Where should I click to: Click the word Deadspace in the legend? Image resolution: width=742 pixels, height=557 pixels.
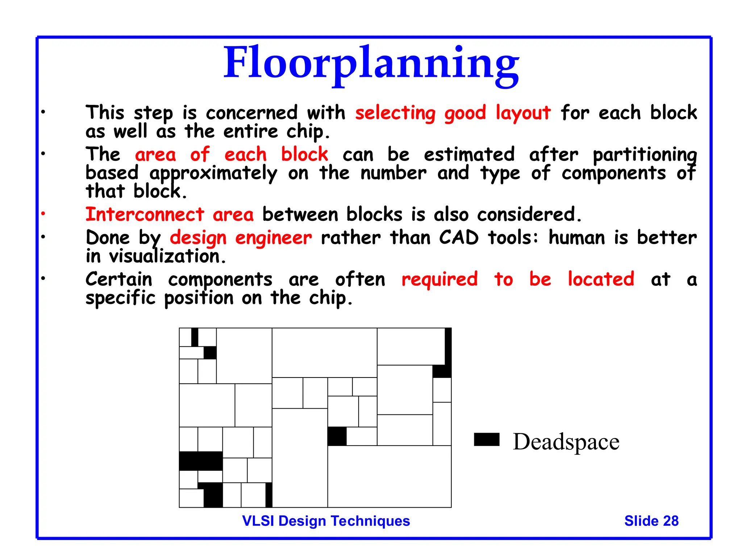point(566,442)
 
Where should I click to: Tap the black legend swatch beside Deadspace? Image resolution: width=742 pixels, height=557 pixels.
point(487,439)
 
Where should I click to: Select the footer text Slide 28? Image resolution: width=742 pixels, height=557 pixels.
point(651,521)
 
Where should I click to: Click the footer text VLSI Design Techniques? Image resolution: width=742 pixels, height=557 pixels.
point(326,521)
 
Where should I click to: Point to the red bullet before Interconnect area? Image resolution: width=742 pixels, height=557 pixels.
point(43,214)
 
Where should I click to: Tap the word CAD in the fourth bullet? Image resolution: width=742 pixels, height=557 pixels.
point(459,238)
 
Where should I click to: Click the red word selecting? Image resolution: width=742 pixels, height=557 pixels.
point(395,113)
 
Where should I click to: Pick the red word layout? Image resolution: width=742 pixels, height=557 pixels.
point(523,113)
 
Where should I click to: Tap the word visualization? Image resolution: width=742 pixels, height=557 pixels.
point(167,256)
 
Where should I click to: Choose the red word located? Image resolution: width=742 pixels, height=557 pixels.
point(601,279)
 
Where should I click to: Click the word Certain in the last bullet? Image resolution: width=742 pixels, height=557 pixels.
point(119,279)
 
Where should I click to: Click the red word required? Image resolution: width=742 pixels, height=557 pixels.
point(439,280)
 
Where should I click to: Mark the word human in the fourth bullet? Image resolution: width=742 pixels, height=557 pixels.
point(577,238)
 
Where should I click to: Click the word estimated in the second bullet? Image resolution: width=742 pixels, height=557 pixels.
point(469,154)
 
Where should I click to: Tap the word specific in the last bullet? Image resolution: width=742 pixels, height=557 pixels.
point(120,298)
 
